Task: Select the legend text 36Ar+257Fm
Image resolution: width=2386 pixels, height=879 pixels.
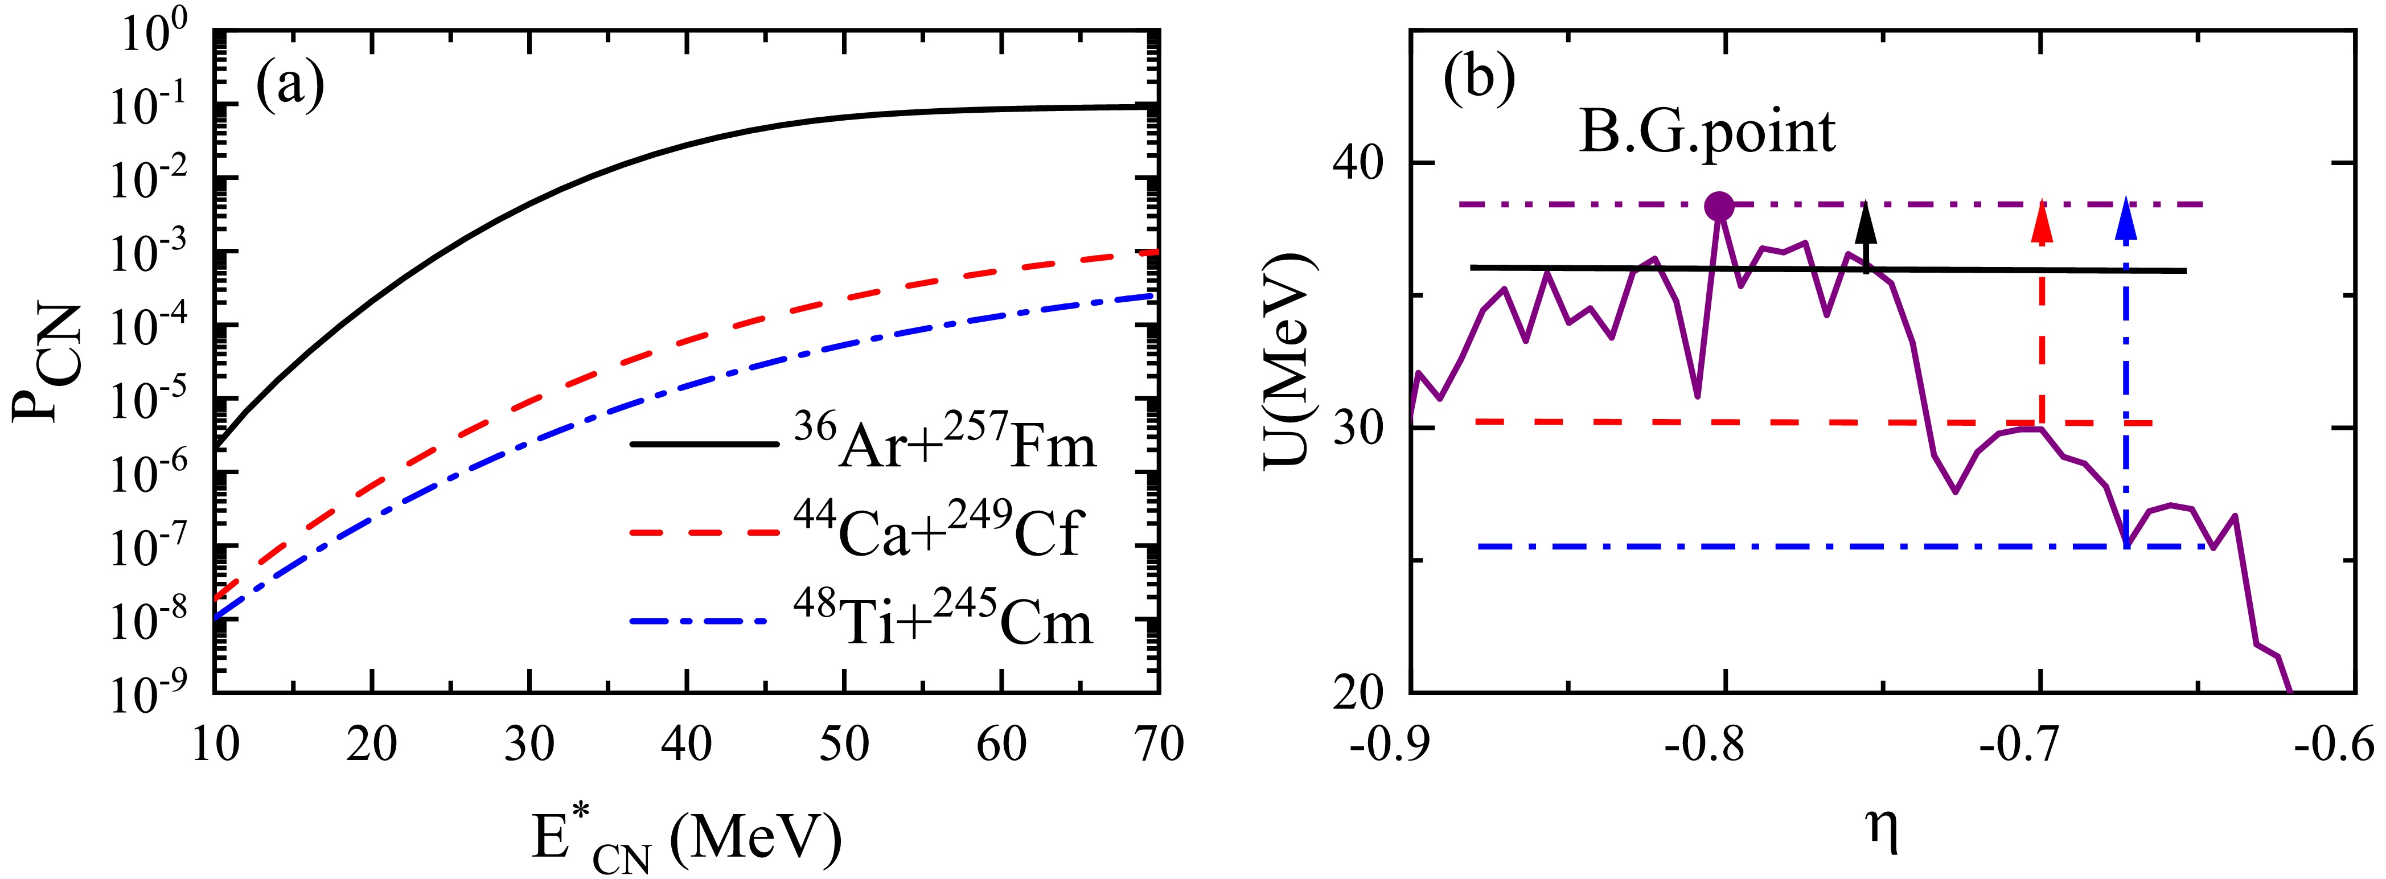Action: point(944,442)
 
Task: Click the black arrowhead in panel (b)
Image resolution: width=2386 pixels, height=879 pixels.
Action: point(1867,221)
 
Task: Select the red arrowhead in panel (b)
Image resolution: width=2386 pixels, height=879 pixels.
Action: point(2040,221)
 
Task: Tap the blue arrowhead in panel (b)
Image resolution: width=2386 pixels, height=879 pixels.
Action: point(2126,221)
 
